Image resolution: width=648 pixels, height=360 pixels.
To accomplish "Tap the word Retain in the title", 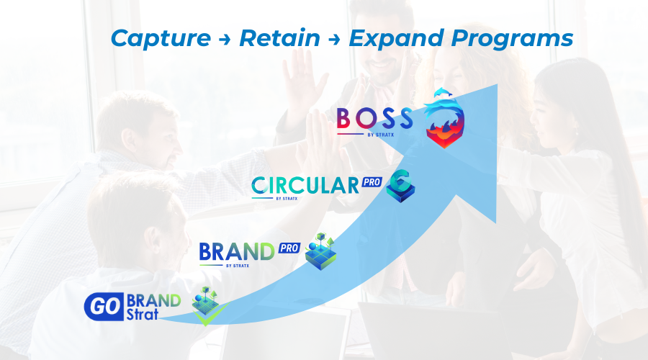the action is (x=280, y=38).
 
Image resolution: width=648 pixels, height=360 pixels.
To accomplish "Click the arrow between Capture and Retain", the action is (x=225, y=40).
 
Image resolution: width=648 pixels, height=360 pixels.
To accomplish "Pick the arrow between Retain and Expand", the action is (x=334, y=40).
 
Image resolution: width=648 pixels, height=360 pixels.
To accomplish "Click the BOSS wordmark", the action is (x=374, y=118).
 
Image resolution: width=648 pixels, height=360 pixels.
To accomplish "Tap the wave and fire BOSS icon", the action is (x=445, y=122).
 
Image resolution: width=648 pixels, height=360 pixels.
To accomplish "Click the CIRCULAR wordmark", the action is (x=305, y=186).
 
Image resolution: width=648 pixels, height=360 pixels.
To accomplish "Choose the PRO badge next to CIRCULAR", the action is (x=372, y=182).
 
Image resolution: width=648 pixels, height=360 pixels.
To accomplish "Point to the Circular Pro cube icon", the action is (x=400, y=186).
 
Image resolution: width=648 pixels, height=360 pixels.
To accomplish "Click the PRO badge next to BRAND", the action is (x=289, y=248).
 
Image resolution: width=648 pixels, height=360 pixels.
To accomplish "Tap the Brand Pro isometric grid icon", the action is (x=320, y=251).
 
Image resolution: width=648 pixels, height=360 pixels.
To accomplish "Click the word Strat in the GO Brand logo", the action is (x=142, y=315).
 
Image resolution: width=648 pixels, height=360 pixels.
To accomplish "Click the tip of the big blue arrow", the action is (x=498, y=84).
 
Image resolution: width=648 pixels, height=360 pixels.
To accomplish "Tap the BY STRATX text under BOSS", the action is (x=381, y=135).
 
